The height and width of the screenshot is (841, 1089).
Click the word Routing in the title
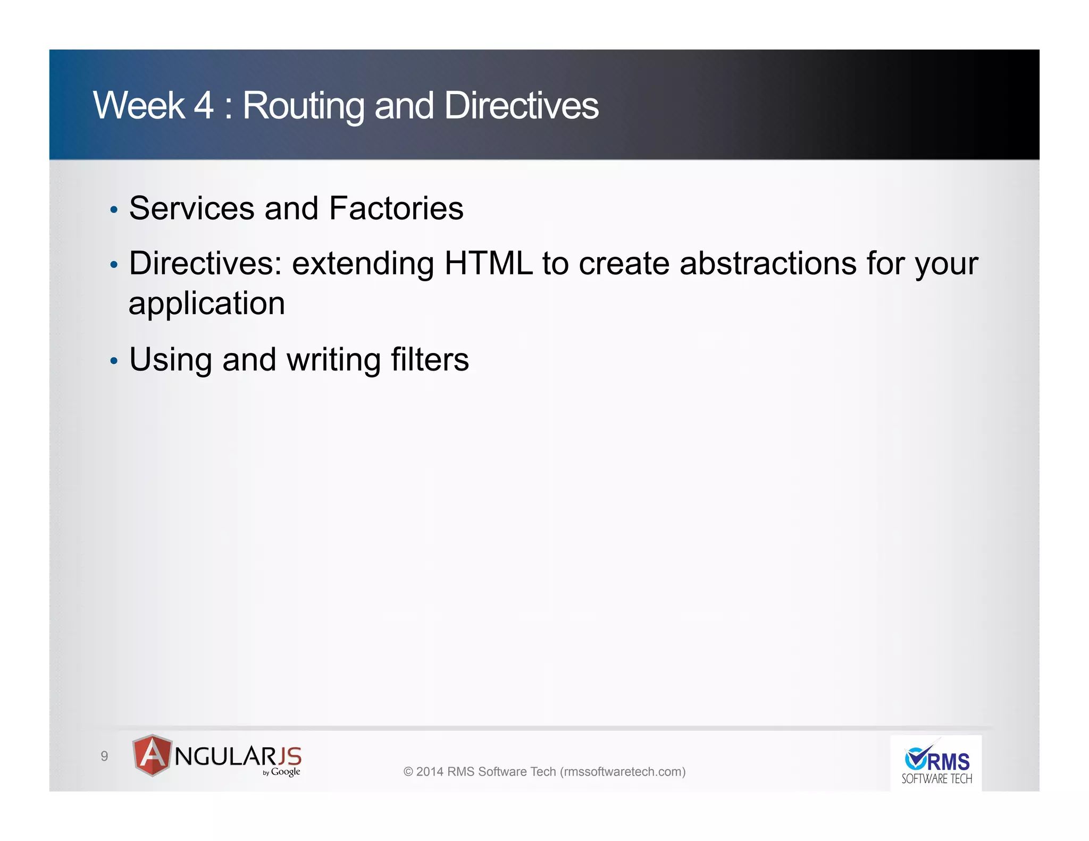click(303, 106)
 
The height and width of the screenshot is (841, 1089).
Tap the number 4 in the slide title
click(203, 105)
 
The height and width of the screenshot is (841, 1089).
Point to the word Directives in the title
click(521, 105)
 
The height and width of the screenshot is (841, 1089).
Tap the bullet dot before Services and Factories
click(113, 210)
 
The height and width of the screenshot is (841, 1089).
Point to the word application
click(207, 304)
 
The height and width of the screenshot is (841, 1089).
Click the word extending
click(363, 264)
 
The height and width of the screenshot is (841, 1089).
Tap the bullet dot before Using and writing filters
click(113, 361)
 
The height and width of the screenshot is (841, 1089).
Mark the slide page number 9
click(104, 756)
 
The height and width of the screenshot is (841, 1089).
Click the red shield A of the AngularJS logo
click(152, 755)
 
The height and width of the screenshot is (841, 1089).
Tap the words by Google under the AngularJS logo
click(281, 772)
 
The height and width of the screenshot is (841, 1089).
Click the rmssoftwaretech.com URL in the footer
click(623, 771)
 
